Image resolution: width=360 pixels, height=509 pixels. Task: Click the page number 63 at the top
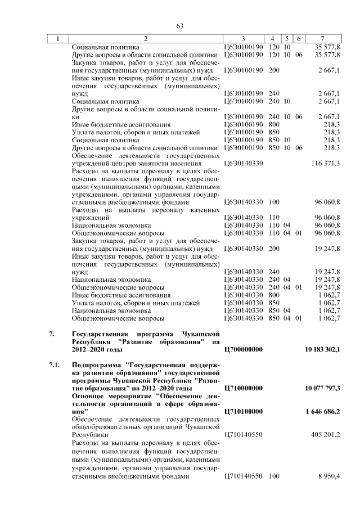click(x=180, y=26)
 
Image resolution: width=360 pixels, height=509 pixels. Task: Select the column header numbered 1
click(x=57, y=38)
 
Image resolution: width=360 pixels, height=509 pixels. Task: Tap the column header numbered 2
click(x=146, y=38)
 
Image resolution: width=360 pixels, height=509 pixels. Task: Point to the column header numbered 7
click(x=322, y=38)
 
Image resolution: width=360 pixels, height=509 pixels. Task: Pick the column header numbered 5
click(x=287, y=38)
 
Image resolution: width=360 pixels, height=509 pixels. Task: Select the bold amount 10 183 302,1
click(x=322, y=349)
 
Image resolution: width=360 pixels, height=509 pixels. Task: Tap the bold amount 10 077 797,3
click(x=322, y=388)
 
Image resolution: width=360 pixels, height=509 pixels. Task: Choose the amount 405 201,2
click(x=325, y=435)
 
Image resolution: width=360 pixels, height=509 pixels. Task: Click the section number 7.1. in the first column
click(x=54, y=365)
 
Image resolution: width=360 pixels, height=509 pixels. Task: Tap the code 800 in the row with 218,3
click(x=274, y=124)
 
